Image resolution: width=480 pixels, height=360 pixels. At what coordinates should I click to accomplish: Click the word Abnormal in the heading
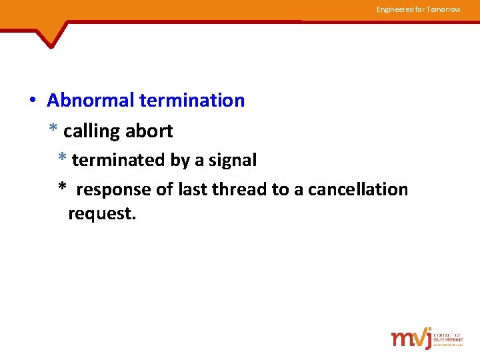pos(91,101)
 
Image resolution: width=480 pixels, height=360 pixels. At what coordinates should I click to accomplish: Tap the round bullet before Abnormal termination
pos(32,101)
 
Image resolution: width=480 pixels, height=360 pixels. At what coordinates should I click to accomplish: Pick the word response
pos(114,190)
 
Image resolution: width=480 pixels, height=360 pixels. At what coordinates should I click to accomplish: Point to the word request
pos(102,214)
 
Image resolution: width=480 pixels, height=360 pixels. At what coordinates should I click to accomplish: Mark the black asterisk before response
pos(62,189)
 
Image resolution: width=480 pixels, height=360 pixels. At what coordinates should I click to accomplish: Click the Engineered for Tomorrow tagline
pos(418,9)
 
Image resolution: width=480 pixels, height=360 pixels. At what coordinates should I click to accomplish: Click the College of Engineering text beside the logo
pos(448,339)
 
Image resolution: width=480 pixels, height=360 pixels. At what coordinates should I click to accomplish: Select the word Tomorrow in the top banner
pos(443,9)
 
